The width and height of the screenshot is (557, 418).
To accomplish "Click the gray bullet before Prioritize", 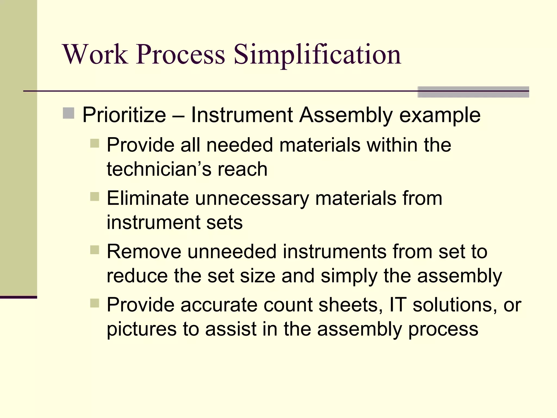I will (x=69, y=113).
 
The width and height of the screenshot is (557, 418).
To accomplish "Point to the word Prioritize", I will (x=124, y=115).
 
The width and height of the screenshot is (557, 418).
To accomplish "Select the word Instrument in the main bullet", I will (x=242, y=115).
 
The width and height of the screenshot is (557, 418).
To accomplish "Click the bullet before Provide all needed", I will (x=95, y=143).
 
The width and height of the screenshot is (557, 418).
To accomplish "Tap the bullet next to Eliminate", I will (x=95, y=196).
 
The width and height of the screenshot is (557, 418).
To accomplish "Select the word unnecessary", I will (x=252, y=199).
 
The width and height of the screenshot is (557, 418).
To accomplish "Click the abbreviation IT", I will (x=398, y=305).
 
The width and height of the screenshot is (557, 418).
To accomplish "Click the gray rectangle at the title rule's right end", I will (x=473, y=92).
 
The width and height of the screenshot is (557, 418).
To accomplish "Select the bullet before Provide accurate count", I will (x=95, y=303).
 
